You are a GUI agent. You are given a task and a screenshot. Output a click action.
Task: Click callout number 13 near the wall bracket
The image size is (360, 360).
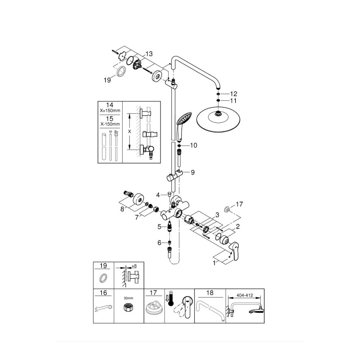(149, 54)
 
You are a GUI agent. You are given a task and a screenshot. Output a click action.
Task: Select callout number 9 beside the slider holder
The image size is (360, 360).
(193, 172)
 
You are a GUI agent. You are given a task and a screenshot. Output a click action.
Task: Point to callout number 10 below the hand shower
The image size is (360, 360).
(194, 145)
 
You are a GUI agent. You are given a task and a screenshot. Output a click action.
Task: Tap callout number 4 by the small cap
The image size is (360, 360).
(158, 195)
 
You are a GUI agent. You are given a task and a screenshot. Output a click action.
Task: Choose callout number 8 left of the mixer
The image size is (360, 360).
(122, 208)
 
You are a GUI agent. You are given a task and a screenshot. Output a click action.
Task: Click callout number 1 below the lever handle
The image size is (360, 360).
(215, 263)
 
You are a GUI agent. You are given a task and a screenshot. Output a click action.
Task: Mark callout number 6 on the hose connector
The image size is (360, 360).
(159, 243)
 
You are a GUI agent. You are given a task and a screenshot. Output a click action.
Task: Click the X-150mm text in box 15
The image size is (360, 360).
(110, 123)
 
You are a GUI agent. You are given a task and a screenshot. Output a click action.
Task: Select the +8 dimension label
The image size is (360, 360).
(134, 266)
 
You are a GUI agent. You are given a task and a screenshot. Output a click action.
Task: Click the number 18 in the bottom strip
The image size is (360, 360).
(210, 293)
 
